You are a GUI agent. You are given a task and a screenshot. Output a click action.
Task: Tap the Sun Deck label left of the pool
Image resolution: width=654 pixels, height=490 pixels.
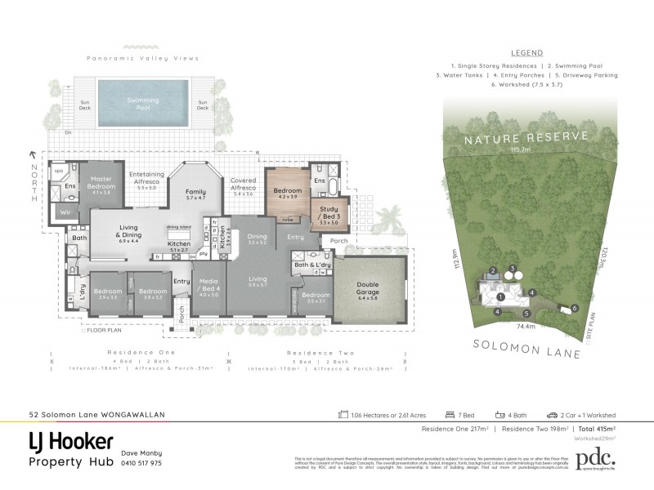86,105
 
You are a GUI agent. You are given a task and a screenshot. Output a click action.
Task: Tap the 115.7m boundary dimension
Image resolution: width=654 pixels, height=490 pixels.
521,150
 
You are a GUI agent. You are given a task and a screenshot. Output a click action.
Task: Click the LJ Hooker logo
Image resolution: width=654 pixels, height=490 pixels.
71,443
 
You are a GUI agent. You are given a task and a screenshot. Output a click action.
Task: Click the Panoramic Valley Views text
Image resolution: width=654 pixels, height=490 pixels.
143,59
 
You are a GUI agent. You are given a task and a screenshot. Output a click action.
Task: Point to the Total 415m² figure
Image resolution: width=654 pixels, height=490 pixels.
594,429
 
